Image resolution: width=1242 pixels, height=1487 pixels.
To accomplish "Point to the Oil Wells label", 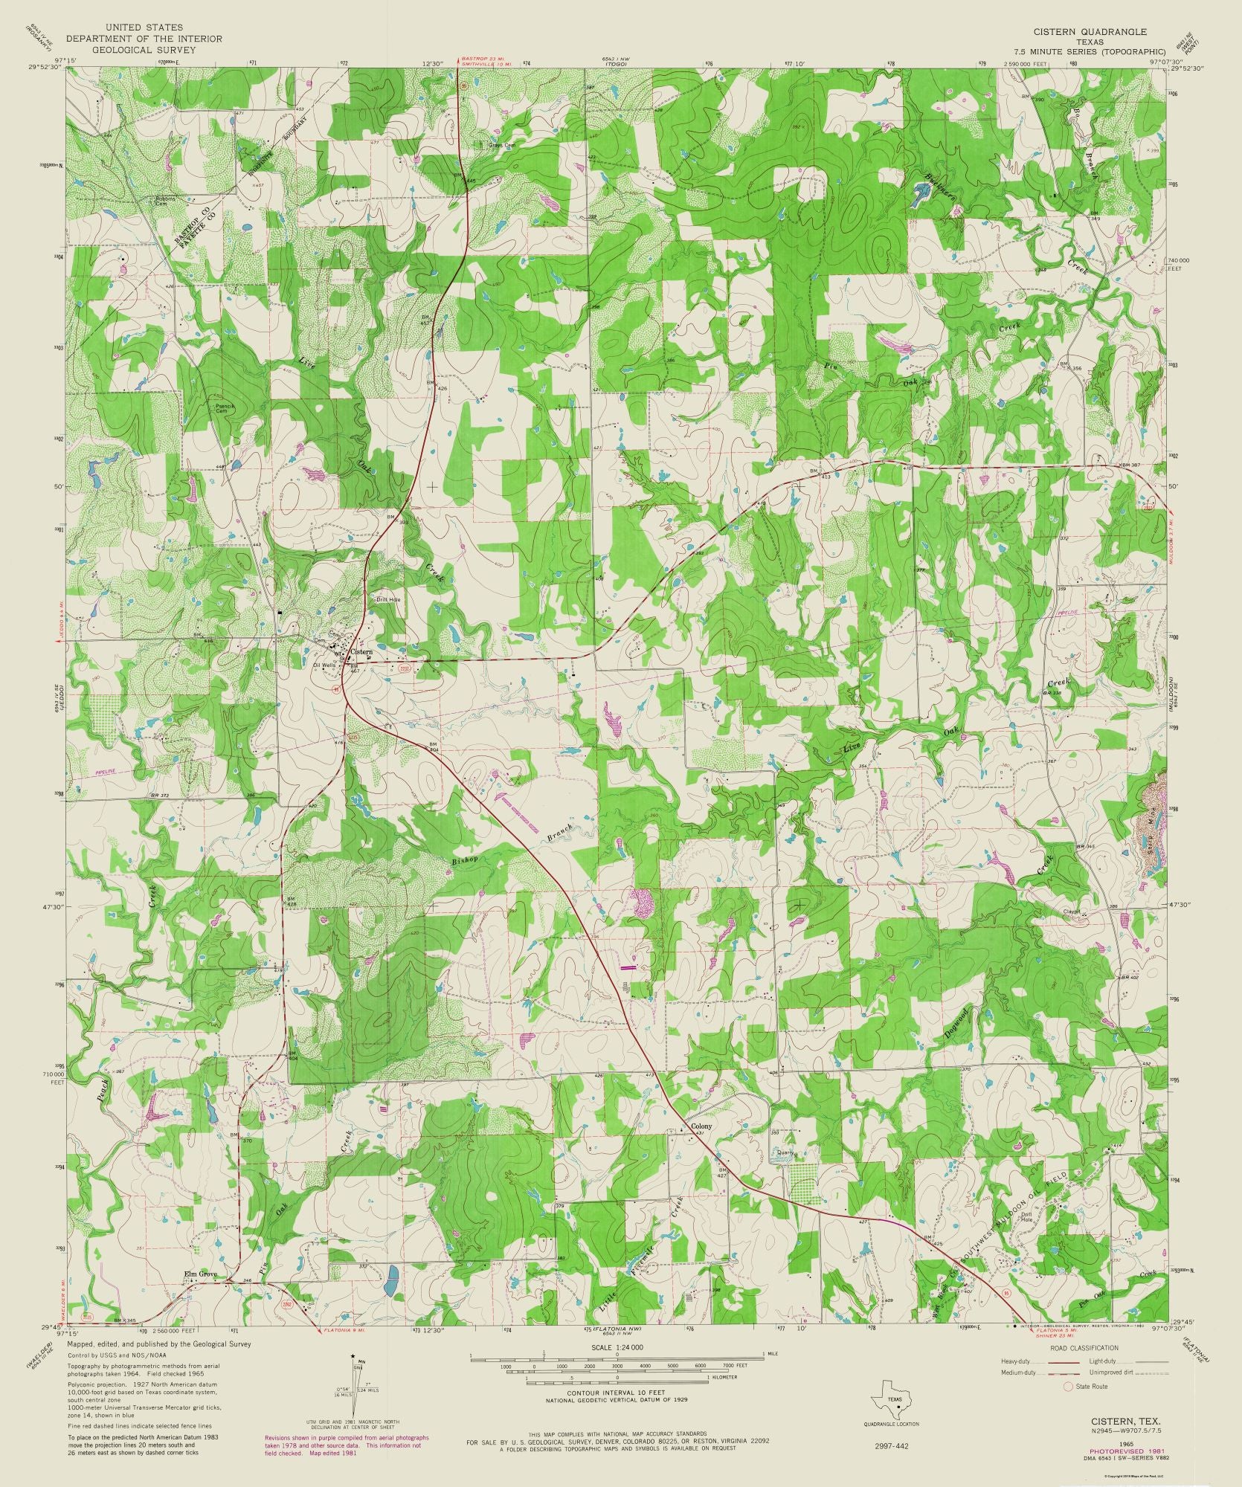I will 325,665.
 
